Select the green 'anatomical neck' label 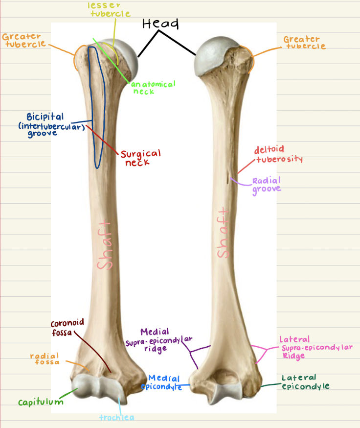click(153, 88)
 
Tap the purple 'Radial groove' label click(267, 185)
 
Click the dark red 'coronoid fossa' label click(67, 328)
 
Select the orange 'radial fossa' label click(45, 359)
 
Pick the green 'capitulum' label click(41, 403)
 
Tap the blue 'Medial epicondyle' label click(162, 382)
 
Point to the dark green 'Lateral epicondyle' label click(306, 382)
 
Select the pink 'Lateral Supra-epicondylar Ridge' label click(316, 347)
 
